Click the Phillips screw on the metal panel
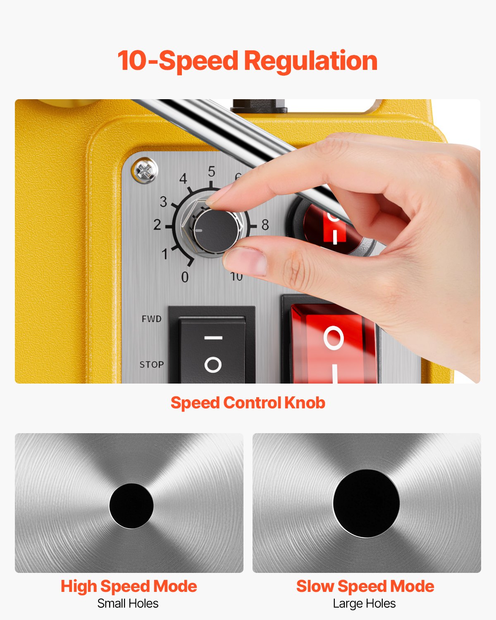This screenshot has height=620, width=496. [145, 171]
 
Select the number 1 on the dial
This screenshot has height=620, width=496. [165, 254]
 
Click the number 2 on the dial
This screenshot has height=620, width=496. [157, 225]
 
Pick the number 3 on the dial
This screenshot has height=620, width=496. [164, 202]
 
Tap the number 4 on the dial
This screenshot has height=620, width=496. [183, 179]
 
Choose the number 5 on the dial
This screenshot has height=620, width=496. [212, 171]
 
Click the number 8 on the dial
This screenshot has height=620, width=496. [265, 225]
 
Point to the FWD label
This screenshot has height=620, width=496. [151, 319]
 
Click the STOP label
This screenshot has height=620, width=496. [151, 365]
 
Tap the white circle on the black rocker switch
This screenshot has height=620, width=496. [213, 365]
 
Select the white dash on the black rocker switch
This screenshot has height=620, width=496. [213, 338]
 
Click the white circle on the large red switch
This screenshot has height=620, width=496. [334, 338]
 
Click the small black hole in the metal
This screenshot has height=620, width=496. [131, 506]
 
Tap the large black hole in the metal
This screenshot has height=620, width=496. [366, 503]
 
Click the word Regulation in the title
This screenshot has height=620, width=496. [310, 61]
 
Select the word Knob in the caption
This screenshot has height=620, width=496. [305, 403]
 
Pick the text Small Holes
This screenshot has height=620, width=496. [128, 603]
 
